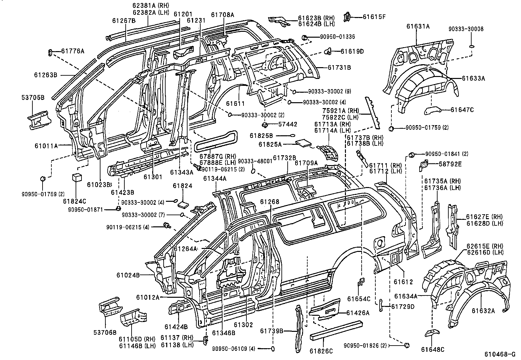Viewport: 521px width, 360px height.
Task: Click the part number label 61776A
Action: (73, 51)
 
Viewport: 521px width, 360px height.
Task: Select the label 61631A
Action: (418, 27)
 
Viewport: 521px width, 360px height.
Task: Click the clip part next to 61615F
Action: (347, 16)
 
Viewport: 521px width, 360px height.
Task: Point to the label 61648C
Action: (433, 350)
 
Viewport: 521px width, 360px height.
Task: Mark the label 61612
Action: (403, 282)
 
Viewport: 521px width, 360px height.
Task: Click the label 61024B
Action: (128, 275)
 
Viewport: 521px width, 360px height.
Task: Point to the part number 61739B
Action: (272, 331)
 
